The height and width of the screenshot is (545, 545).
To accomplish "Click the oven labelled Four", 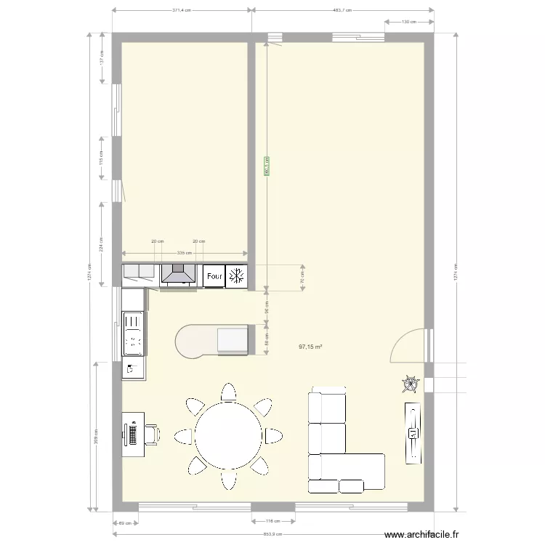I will (x=214, y=276).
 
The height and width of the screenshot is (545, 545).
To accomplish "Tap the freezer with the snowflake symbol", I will (x=236, y=276).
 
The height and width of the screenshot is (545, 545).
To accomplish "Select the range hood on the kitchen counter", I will (x=178, y=274).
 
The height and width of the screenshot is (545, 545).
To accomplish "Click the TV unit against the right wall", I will (x=412, y=432).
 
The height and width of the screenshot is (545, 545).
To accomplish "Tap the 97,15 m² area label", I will (x=310, y=347).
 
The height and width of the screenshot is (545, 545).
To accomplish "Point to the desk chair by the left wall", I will (x=154, y=434).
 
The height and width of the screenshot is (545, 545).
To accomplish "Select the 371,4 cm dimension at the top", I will (x=182, y=10).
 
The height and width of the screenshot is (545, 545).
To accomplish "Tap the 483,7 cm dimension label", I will (x=342, y=10).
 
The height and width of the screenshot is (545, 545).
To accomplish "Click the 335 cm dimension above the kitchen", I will (x=185, y=254).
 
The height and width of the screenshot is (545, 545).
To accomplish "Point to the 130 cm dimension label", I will (x=408, y=23).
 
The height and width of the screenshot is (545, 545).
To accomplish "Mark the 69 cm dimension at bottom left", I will (x=124, y=523).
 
